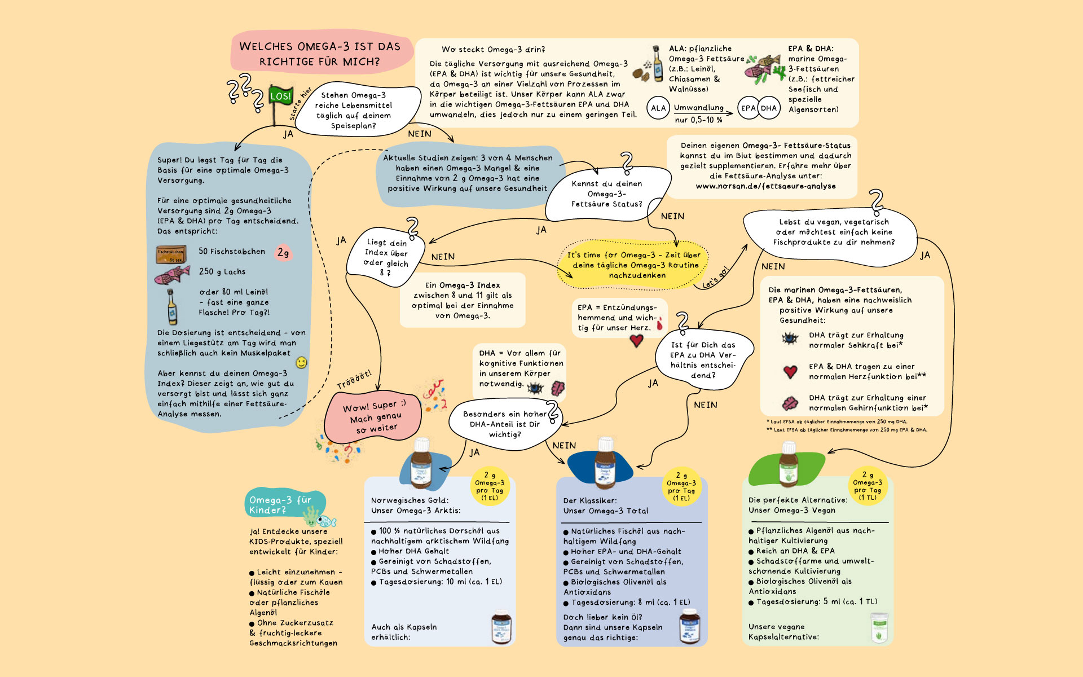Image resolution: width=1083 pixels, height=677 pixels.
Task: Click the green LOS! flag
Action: (x=280, y=96)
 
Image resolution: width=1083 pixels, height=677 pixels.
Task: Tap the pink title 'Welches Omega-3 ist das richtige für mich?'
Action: (x=319, y=54)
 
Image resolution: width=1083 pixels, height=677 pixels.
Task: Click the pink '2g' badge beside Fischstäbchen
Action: (x=283, y=253)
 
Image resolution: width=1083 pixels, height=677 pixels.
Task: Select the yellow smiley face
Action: (x=302, y=363)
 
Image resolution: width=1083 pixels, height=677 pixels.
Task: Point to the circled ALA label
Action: (x=658, y=108)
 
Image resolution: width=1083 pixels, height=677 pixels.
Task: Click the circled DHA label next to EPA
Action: (x=769, y=108)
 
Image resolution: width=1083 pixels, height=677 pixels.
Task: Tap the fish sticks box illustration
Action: (x=170, y=254)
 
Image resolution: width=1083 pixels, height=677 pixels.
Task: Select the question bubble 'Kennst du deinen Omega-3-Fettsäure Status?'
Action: (x=606, y=194)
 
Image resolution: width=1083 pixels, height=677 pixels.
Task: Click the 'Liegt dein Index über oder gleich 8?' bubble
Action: (x=386, y=257)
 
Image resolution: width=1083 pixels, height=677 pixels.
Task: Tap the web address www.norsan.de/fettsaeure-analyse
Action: (x=765, y=186)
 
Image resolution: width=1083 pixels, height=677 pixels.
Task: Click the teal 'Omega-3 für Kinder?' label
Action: (x=280, y=504)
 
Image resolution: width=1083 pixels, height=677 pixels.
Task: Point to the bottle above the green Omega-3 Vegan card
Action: (x=789, y=465)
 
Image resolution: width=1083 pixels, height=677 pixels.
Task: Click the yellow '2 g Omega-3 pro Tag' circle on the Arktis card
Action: (x=490, y=486)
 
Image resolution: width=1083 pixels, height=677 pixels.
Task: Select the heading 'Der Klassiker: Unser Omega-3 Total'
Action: (x=605, y=505)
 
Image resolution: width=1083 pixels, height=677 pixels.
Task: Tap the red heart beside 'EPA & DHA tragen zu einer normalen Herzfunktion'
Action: (x=790, y=372)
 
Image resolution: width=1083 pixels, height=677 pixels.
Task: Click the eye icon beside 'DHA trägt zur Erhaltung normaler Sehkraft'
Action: (x=790, y=338)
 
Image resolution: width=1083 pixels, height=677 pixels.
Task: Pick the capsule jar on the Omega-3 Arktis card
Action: (x=501, y=627)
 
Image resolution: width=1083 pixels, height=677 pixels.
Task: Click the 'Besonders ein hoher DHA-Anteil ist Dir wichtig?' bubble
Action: (x=505, y=424)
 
